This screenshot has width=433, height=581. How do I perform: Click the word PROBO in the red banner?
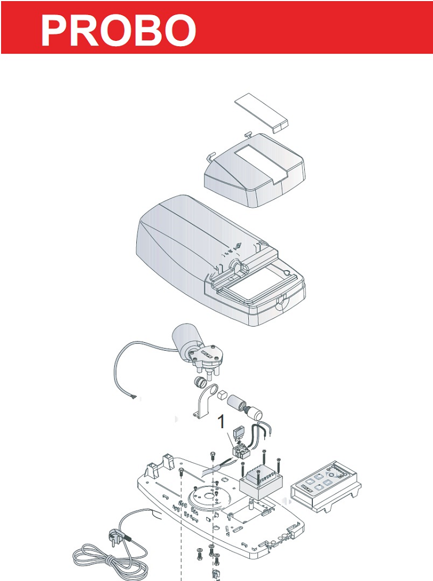[x=118, y=31]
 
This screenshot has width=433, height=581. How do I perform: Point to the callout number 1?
[x=221, y=422]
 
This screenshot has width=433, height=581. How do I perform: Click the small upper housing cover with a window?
[x=255, y=170]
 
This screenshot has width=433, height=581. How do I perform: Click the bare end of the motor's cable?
[x=136, y=397]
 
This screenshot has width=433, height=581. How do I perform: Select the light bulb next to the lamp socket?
[x=253, y=411]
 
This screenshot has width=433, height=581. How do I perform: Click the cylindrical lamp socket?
[x=237, y=402]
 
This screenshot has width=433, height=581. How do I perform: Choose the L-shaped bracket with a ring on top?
[x=206, y=402]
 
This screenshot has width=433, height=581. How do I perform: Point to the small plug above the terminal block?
[x=238, y=432]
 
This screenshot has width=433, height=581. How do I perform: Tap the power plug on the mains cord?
[x=115, y=538]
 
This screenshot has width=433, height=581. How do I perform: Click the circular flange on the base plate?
[x=208, y=497]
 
